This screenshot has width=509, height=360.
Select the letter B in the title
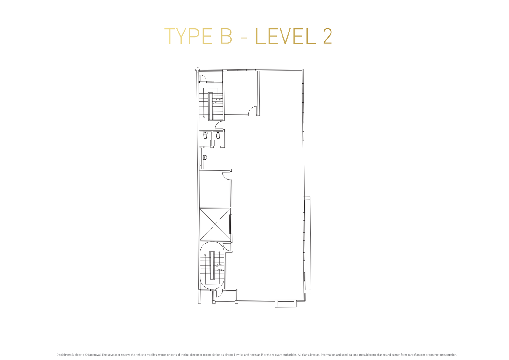point(226,36)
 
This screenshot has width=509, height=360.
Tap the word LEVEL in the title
point(286,36)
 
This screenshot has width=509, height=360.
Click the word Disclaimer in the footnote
point(63,355)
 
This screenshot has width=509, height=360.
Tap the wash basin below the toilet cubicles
point(205,157)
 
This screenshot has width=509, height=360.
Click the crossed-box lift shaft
point(215,224)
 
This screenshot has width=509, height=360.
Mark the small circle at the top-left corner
point(198,70)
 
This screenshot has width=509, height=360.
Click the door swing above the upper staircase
point(203,78)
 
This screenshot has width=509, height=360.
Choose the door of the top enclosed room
point(253,111)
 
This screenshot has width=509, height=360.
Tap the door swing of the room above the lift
point(227,175)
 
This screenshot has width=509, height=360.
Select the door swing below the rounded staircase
point(219,293)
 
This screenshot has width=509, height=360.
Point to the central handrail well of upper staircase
point(211,106)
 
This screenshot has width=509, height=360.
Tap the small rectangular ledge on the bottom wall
point(286,304)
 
